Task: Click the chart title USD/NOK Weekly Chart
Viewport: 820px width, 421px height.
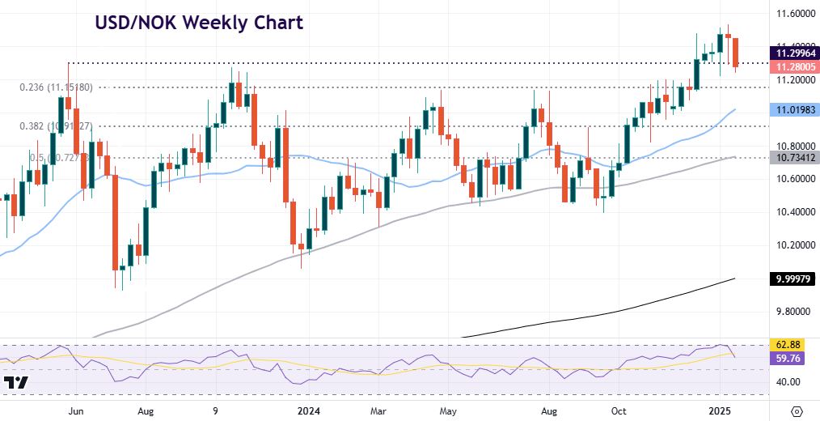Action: click(x=198, y=23)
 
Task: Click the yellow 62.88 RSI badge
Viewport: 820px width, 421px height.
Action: click(x=788, y=344)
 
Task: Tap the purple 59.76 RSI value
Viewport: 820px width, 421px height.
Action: click(x=788, y=357)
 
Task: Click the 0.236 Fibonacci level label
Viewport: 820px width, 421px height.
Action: click(x=56, y=87)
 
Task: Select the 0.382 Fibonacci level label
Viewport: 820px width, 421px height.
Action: click(x=56, y=126)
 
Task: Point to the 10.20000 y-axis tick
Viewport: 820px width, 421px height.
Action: click(x=789, y=245)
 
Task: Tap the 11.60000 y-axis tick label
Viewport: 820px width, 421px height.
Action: click(x=789, y=14)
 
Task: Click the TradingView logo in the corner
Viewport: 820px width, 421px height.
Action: click(x=16, y=383)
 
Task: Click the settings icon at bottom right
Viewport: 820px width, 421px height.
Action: click(x=797, y=410)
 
